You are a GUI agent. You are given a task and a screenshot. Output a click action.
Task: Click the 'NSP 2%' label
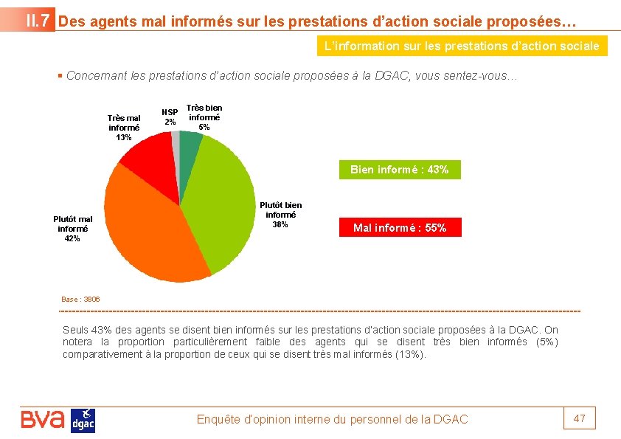[x=170, y=117]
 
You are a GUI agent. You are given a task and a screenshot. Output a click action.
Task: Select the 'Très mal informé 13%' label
[x=124, y=128]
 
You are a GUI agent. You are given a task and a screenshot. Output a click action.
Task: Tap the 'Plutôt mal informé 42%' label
[x=73, y=229]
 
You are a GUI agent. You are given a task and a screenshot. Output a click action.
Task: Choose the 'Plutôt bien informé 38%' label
[x=280, y=215]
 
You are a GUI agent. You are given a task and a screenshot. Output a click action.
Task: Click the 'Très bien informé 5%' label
[x=204, y=117]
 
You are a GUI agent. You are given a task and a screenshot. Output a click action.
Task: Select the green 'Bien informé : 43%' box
[x=399, y=170]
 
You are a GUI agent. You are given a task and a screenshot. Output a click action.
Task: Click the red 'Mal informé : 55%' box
[x=400, y=228]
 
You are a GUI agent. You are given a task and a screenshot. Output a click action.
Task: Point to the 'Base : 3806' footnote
[x=81, y=300]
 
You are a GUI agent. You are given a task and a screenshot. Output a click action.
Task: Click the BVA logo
[x=43, y=420]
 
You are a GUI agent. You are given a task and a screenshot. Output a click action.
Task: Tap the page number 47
[x=580, y=418]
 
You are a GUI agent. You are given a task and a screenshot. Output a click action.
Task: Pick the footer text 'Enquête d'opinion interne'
[x=332, y=419]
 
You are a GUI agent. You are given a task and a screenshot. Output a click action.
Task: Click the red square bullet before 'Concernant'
[x=60, y=76]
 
